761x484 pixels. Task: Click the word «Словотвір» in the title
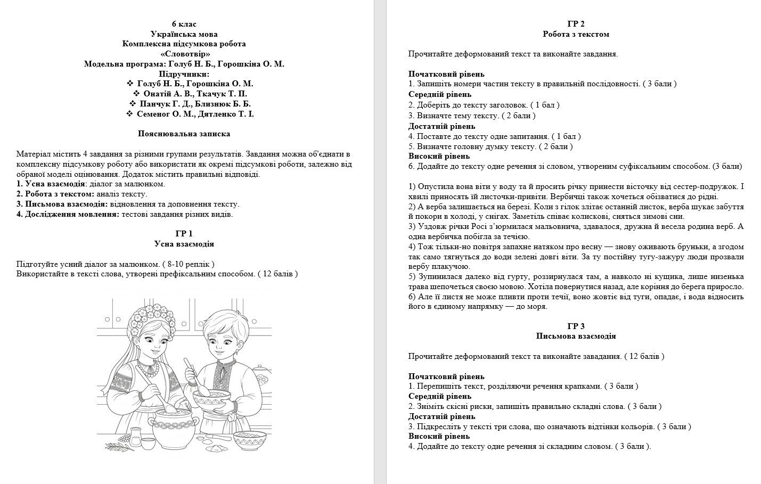point(184,54)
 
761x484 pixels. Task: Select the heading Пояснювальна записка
point(184,134)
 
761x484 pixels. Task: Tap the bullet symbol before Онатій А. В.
point(136,94)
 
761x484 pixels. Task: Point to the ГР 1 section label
point(184,234)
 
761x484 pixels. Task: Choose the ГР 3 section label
point(576,326)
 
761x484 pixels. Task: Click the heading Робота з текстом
point(576,34)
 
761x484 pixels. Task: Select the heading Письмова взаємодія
point(576,337)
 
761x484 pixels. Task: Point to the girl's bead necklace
point(151,367)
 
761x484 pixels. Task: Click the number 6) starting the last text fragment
point(412,297)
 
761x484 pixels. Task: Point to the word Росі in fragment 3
point(459,227)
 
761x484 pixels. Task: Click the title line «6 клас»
point(184,24)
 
